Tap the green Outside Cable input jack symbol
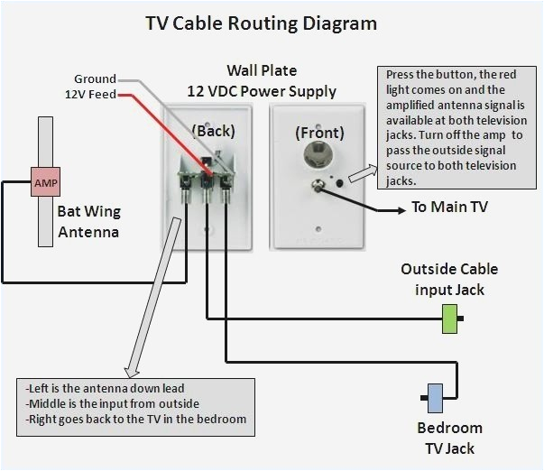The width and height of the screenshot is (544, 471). [x=449, y=319]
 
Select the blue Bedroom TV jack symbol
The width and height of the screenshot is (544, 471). [x=434, y=396]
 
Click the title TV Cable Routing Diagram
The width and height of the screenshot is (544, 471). [x=261, y=23]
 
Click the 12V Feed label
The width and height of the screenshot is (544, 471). [x=89, y=94]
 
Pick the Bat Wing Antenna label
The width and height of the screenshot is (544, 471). [x=88, y=223]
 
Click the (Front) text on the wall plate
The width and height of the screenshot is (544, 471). [x=319, y=132]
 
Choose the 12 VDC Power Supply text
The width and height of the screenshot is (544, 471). [x=261, y=91]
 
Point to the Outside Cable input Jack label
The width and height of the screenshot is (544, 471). [x=448, y=279]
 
